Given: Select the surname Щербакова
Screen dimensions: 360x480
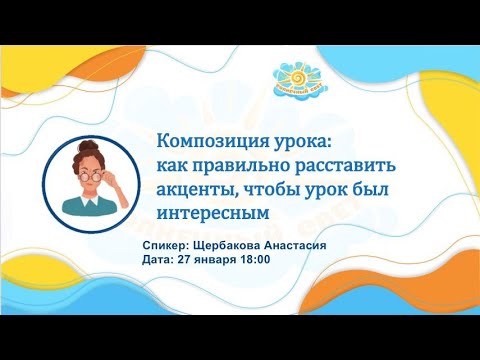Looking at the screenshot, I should coord(240,243).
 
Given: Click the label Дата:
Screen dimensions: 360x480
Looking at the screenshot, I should coord(161,259).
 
